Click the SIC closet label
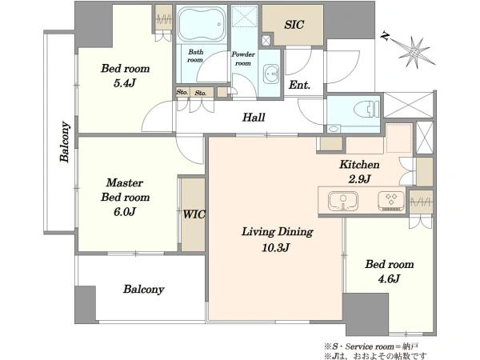point(294,25)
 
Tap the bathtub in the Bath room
point(202,24)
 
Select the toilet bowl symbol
point(366,109)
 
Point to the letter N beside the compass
point(385,37)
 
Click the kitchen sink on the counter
point(343,201)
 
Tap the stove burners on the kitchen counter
point(391,201)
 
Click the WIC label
point(194,214)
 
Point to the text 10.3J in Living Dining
point(275,247)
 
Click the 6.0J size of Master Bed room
point(125,211)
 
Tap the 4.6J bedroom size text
point(389,279)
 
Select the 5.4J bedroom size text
point(124,83)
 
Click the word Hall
point(254,118)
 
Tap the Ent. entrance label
point(299,85)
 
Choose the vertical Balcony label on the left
point(65,142)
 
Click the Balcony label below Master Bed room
point(143,290)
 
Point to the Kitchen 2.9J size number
point(360,178)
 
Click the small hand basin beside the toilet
point(333,128)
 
